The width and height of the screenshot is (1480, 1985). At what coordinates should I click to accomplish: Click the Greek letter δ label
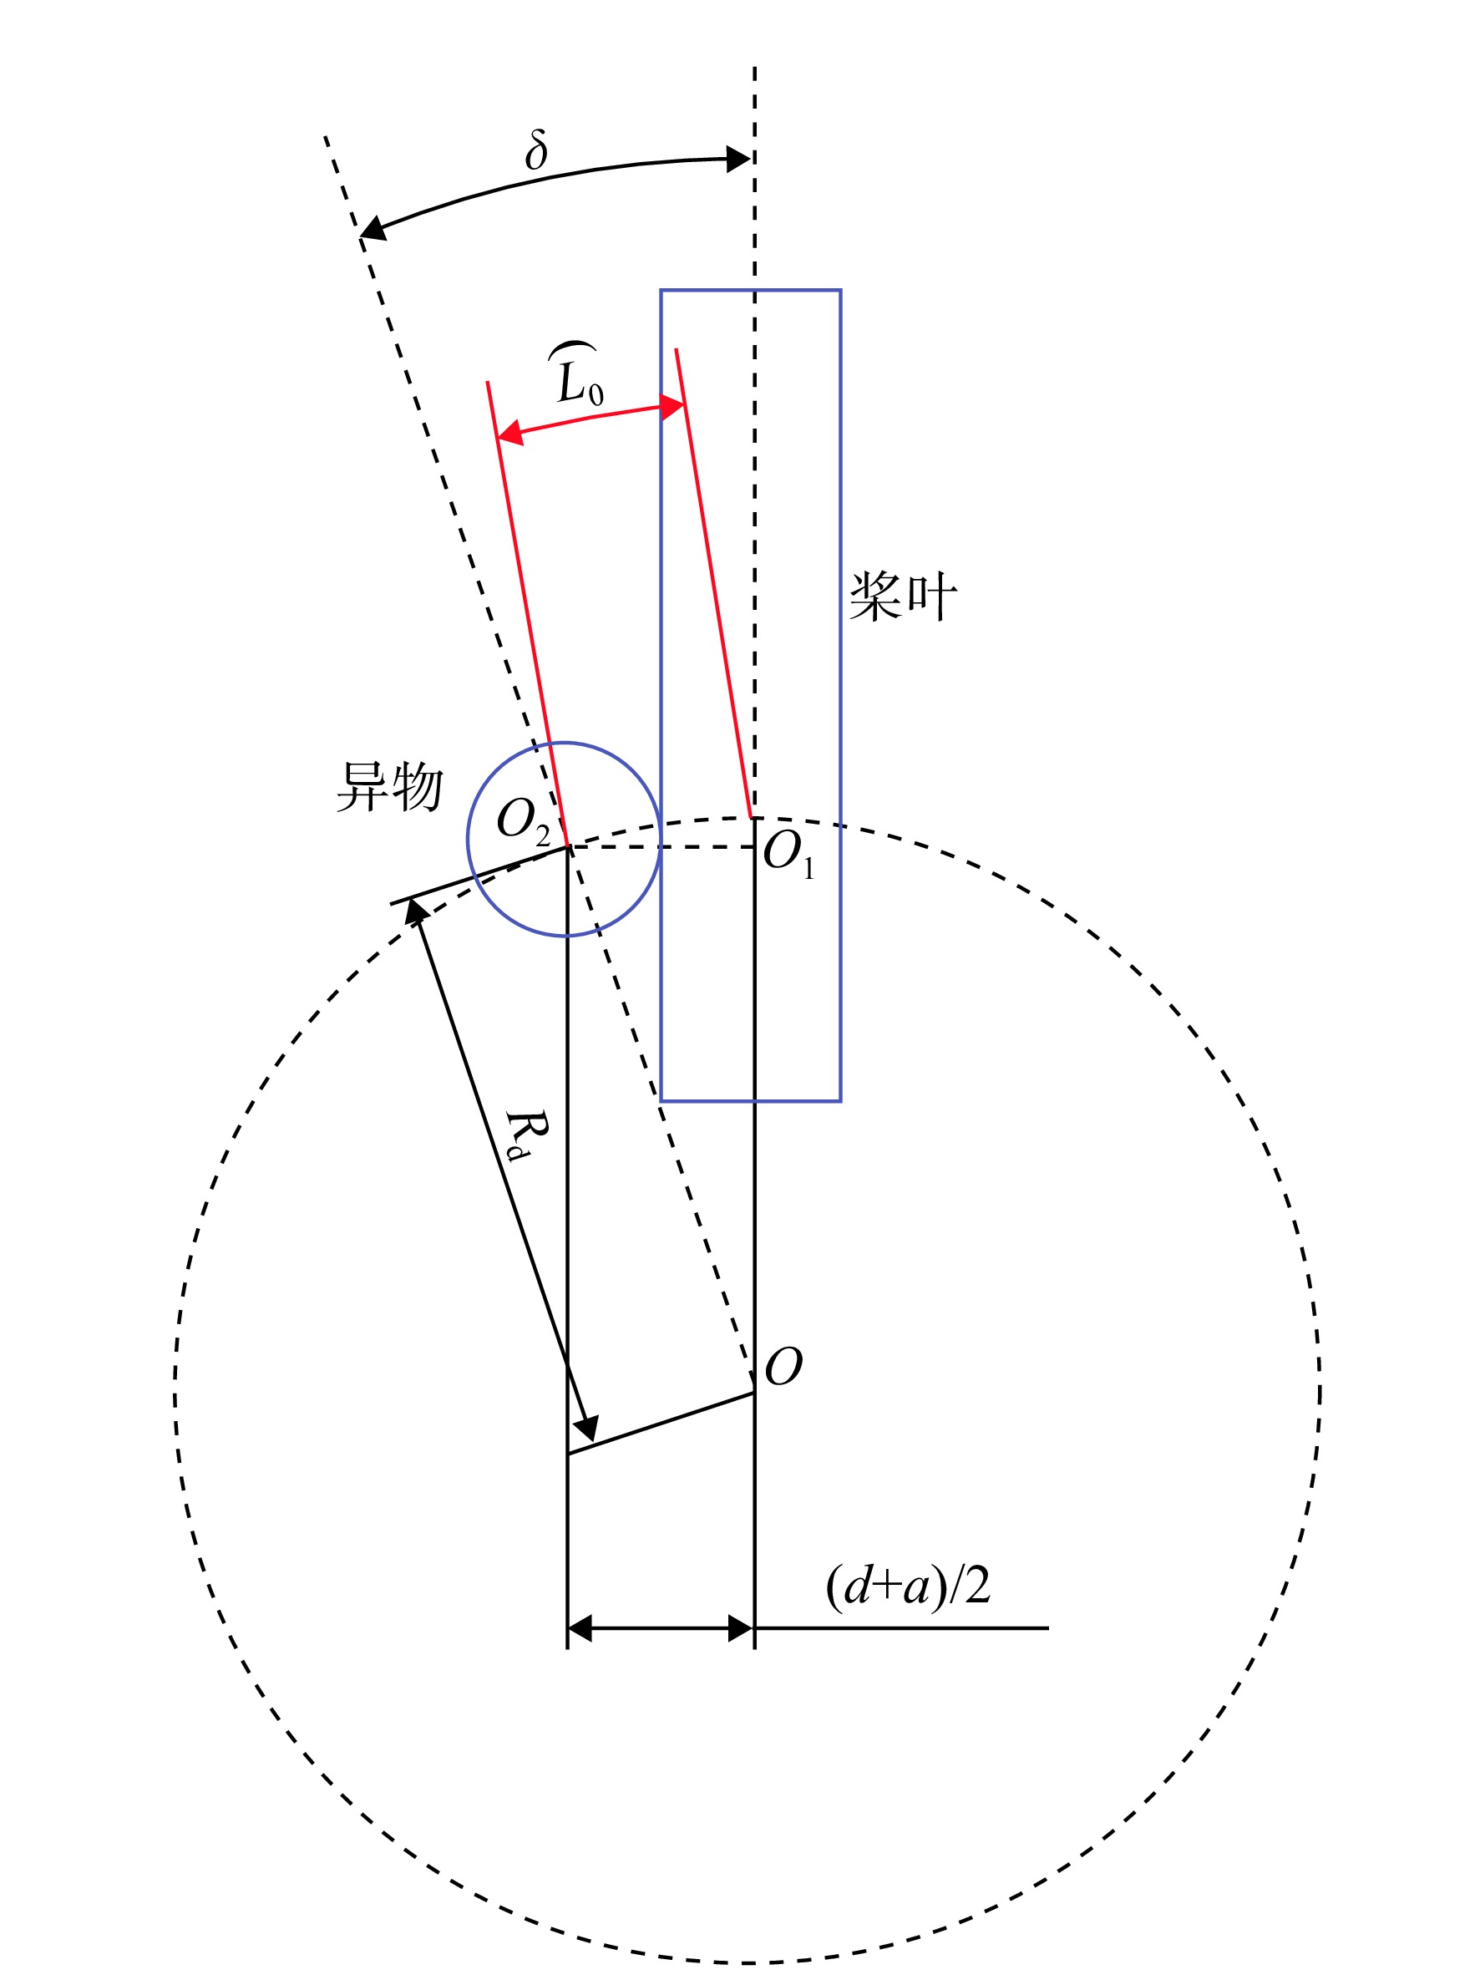(x=535, y=150)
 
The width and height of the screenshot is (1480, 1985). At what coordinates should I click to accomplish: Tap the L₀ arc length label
(x=578, y=373)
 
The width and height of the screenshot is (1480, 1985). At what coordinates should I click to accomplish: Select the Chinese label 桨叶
(x=903, y=596)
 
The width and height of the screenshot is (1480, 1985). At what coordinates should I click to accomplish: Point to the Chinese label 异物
(x=390, y=786)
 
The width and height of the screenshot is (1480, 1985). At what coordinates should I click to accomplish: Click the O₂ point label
(x=524, y=822)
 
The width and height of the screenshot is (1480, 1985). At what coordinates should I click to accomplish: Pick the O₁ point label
(x=789, y=854)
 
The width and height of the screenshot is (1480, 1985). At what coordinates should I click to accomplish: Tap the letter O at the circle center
(x=784, y=1366)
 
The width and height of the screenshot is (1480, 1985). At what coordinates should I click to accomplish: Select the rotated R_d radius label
(x=525, y=1135)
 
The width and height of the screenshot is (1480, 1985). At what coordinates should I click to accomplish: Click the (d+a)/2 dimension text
(x=908, y=1586)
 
